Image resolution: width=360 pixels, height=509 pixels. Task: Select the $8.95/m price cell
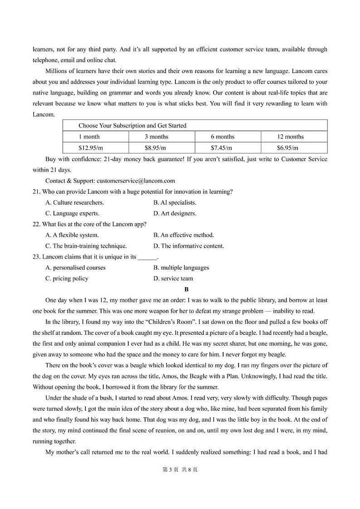coord(155,148)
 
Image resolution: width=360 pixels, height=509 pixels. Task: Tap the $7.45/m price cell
coord(221,148)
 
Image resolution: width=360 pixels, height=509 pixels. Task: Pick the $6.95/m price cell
coord(287,148)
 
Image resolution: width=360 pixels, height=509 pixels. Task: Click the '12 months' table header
coord(290,137)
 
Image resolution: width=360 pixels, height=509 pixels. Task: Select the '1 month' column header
coord(89,137)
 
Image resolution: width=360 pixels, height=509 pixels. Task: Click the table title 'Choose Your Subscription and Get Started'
coord(132,126)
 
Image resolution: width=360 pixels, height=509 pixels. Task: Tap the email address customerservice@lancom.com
coord(136,181)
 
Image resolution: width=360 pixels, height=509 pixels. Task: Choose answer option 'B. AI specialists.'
coord(175,202)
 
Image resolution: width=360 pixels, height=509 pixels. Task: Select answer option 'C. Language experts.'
coord(72,213)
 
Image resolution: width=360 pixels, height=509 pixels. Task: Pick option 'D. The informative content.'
coord(189,246)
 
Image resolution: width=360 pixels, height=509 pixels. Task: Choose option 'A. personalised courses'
coord(75,268)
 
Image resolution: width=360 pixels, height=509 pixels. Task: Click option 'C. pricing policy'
coord(67,279)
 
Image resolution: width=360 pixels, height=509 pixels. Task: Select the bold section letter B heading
coord(186,289)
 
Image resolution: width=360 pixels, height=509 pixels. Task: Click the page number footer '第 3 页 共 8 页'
coord(180,470)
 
